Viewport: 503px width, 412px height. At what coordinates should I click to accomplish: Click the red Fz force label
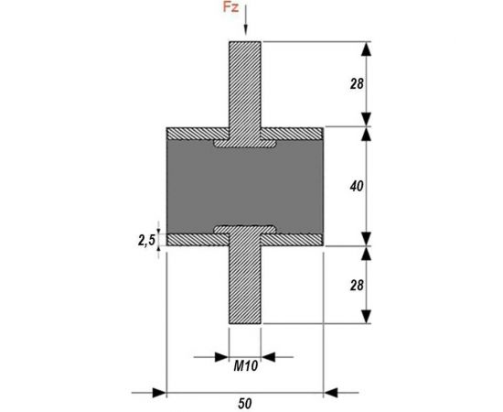pyautogui.click(x=231, y=7)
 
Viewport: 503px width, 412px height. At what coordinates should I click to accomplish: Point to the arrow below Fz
pyautogui.click(x=246, y=19)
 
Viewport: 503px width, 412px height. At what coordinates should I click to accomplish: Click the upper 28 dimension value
pyautogui.click(x=357, y=84)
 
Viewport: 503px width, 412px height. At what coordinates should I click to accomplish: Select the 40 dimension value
pyautogui.click(x=357, y=186)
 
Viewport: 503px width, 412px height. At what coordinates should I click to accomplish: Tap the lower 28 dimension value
pyautogui.click(x=357, y=285)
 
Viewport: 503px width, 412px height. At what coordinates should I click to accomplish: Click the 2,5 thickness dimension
pyautogui.click(x=146, y=240)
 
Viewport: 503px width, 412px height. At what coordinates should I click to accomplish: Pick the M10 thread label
pyautogui.click(x=245, y=365)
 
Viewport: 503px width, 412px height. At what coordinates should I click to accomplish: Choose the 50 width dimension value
pyautogui.click(x=245, y=404)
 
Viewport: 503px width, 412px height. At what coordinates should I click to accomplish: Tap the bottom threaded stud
pyautogui.click(x=245, y=284)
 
